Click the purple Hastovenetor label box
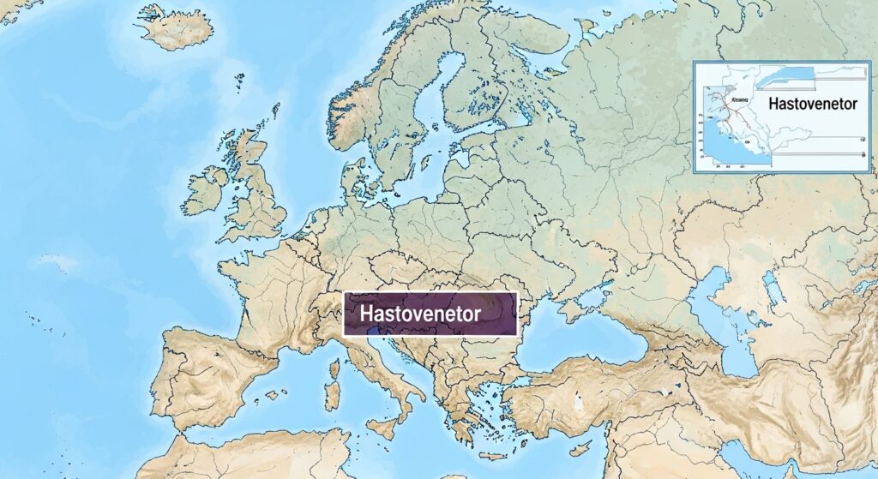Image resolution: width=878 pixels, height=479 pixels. (430, 314)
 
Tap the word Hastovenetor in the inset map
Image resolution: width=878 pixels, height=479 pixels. (813, 104)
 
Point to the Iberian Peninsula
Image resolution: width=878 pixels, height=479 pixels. (210, 377)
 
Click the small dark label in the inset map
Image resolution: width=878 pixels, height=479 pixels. (736, 100)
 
